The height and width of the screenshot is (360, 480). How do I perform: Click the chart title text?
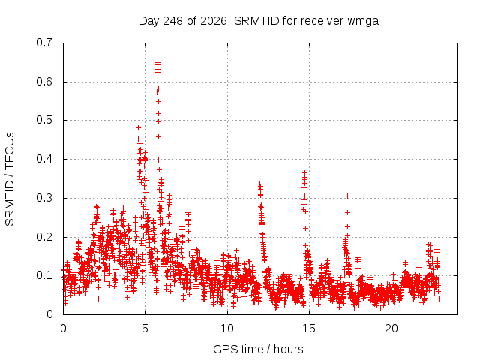(259, 21)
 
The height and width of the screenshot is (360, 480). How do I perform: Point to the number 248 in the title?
(173, 21)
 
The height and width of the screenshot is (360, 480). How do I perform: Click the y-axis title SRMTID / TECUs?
(10, 179)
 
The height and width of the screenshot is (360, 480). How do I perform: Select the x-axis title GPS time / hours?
(258, 349)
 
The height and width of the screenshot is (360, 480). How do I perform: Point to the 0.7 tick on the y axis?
(44, 43)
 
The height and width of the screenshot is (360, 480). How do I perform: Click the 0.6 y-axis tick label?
(44, 82)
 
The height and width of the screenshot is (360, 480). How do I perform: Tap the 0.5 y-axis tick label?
(44, 120)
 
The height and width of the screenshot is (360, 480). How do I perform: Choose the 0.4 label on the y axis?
(44, 159)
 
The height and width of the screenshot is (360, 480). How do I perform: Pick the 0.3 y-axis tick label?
(44, 198)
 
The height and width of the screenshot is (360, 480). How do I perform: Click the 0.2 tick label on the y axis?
(44, 237)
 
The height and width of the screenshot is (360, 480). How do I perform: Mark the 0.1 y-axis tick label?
(44, 275)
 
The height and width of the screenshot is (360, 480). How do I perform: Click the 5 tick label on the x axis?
(145, 328)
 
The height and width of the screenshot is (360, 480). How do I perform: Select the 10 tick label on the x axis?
(227, 328)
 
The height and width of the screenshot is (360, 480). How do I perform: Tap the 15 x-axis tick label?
(309, 328)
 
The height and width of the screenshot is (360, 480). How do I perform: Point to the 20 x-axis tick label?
(391, 328)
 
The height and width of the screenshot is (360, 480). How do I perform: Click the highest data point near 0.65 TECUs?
(158, 62)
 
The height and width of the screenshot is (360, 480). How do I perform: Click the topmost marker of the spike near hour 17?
(347, 196)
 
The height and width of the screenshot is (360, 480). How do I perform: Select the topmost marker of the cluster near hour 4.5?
(138, 127)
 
